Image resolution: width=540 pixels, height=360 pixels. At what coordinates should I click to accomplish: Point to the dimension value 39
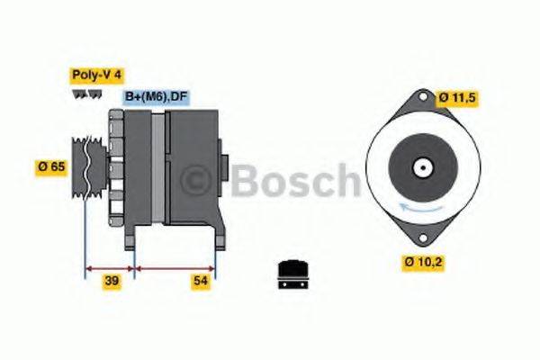112,282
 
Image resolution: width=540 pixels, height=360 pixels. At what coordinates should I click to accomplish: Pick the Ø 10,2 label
422,263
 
